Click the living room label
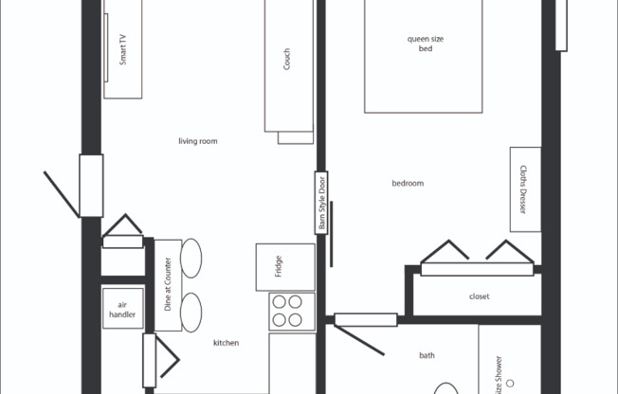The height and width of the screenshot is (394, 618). pos(198,141)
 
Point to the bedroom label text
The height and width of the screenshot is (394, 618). pos(408,183)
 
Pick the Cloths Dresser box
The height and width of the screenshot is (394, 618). pos(525,188)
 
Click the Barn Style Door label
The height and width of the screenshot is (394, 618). pos(322,203)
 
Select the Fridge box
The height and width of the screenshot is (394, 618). pos(285,267)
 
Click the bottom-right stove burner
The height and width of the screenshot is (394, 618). pos(297,320)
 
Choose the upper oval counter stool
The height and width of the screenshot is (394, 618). pos(191,258)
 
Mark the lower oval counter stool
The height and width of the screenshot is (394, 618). pos(191,312)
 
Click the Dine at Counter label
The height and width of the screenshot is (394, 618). pos(167,285)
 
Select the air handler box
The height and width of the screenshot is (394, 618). pos(122,308)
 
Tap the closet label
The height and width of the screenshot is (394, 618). pos(480,296)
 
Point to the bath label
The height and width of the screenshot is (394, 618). pos(427,355)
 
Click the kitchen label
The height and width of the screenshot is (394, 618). pos(226,343)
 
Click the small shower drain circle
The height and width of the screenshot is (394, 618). pos(510,383)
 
